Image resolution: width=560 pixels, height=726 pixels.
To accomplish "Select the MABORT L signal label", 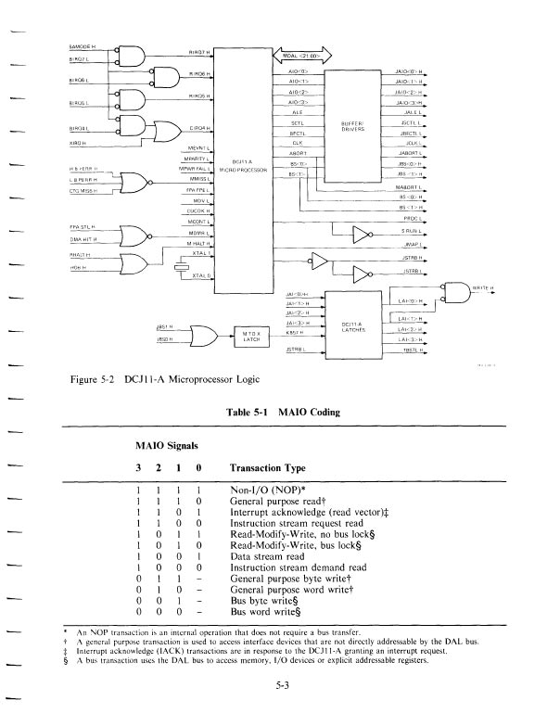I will point(408,187).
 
